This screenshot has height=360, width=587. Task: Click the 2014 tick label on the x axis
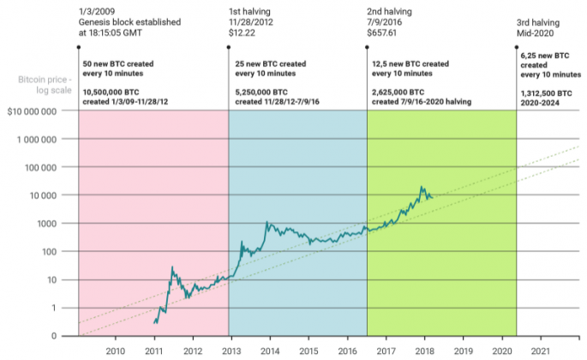[269, 351]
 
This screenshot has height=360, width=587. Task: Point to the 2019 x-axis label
[463, 351]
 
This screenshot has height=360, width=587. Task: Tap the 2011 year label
[153, 351]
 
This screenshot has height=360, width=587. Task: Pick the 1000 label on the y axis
[47, 223]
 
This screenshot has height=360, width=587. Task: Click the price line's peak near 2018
[422, 187]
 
